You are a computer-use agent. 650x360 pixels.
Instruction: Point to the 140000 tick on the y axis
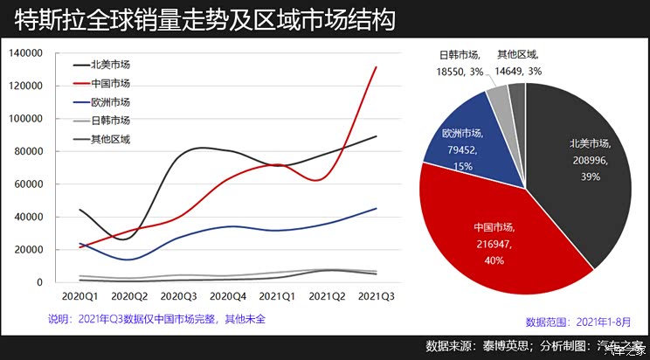pos(25,53)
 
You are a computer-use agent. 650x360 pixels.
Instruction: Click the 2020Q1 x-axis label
pos(80,296)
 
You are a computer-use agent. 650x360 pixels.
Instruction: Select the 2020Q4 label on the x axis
pos(228,296)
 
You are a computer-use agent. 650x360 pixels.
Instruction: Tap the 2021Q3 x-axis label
pos(376,296)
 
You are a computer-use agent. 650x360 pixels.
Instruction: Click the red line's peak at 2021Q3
pos(376,67)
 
